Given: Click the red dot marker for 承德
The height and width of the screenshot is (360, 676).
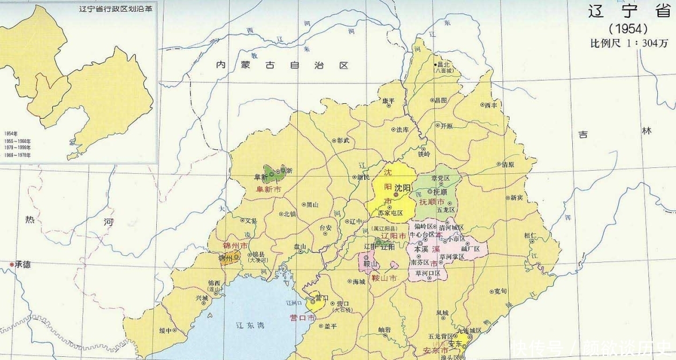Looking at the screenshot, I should pos(12,264).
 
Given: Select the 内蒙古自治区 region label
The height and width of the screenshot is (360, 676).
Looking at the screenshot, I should pos(282,65).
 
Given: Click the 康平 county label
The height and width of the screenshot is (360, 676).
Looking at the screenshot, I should pos(389,101).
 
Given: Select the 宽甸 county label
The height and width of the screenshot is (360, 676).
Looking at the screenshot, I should pos(500,291).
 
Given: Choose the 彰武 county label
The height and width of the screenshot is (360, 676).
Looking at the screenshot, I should pos(343,140).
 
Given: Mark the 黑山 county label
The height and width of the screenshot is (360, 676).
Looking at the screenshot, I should pos(312,205).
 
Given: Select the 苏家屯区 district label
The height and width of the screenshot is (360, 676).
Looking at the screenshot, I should pos(390,212).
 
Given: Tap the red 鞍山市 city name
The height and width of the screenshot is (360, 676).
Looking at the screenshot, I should pos(385,278).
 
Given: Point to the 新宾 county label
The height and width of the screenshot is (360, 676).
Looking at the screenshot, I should pos(516,197).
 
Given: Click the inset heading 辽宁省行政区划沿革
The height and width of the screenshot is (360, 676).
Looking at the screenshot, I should pos(112,9).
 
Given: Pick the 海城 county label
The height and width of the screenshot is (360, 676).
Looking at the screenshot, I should pos(359,281).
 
